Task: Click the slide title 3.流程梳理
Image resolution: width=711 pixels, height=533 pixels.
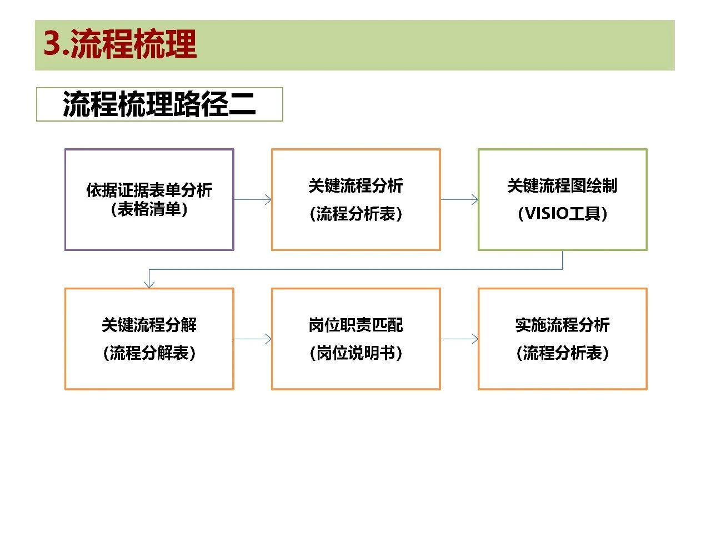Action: [x=120, y=44]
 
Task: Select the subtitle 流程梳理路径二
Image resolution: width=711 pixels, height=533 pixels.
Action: [x=159, y=104]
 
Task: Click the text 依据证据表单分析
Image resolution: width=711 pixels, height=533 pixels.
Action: [x=149, y=190]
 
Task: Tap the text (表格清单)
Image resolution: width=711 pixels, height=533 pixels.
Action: [x=149, y=209]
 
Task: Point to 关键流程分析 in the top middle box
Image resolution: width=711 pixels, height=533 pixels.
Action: [x=355, y=185]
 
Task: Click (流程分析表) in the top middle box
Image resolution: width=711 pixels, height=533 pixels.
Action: [x=355, y=214]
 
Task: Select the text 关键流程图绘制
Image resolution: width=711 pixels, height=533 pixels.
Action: [x=562, y=185]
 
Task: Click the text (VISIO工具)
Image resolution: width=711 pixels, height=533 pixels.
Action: [x=562, y=214]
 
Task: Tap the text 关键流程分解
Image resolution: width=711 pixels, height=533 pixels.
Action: [x=149, y=325]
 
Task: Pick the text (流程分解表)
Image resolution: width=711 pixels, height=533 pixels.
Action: [x=149, y=353]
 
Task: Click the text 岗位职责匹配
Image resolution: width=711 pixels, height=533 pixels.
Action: [x=355, y=325]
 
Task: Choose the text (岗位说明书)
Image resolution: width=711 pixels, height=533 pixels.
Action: [x=355, y=353]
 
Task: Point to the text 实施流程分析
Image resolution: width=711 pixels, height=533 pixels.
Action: [x=562, y=325]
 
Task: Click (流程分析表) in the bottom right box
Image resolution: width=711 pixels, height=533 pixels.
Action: [x=562, y=353]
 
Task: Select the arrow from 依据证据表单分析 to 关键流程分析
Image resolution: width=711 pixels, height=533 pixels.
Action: [x=253, y=200]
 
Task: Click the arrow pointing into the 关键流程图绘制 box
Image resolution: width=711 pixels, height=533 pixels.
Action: [x=459, y=200]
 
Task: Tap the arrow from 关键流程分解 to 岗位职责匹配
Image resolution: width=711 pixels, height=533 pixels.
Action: [x=253, y=339]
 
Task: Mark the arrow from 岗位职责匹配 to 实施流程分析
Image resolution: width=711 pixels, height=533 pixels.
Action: [x=459, y=339]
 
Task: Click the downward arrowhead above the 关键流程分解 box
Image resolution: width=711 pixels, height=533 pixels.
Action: [x=149, y=284]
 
